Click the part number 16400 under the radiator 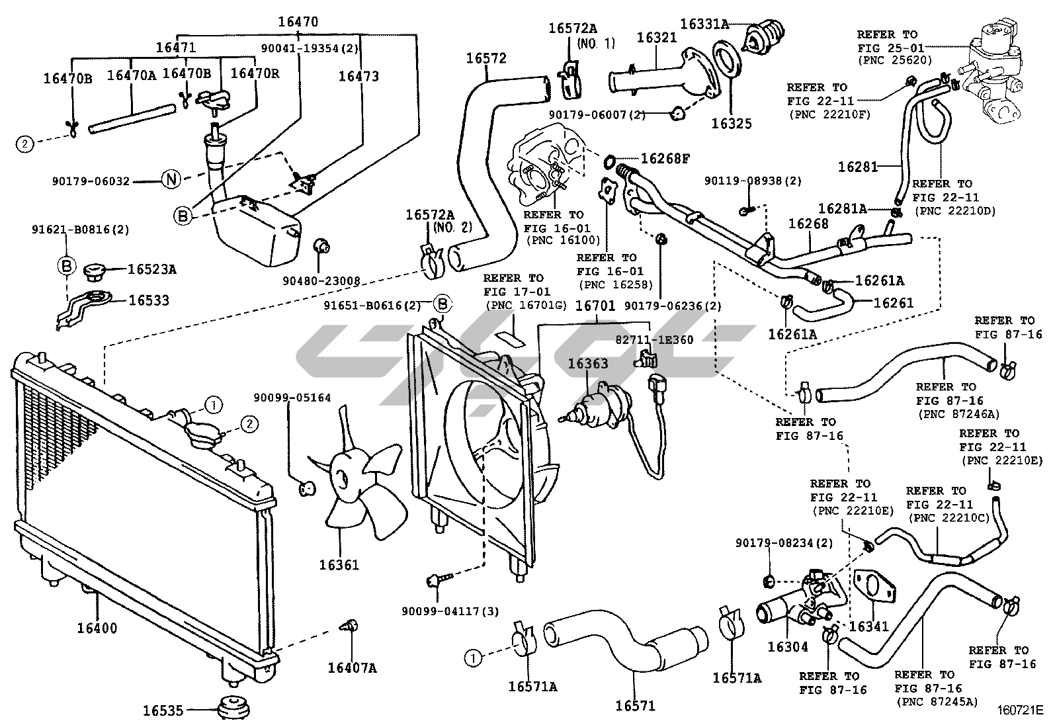pyautogui.click(x=97, y=628)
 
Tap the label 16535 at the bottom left pyautogui.click(x=163, y=711)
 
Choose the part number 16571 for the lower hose pyautogui.click(x=635, y=706)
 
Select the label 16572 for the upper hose pyautogui.click(x=486, y=58)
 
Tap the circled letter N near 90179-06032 pyautogui.click(x=171, y=180)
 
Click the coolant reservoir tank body pyautogui.click(x=255, y=232)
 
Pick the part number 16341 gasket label pyautogui.click(x=869, y=626)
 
